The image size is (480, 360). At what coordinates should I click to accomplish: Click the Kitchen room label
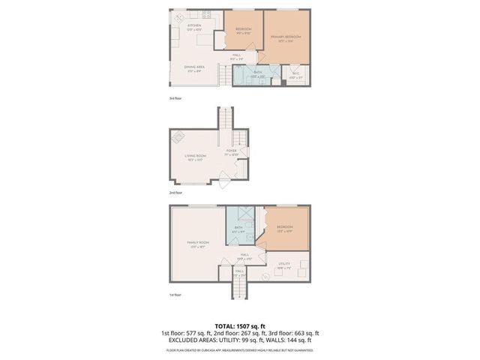pyautogui.click(x=194, y=27)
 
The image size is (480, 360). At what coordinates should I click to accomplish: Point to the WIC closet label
pyautogui.click(x=295, y=76)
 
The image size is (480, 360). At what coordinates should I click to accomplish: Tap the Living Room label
pyautogui.click(x=196, y=157)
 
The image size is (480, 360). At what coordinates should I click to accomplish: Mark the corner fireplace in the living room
pyautogui.click(x=178, y=137)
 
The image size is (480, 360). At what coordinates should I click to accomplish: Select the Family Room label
pyautogui.click(x=198, y=244)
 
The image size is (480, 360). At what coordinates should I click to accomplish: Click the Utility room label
pyautogui.click(x=284, y=264)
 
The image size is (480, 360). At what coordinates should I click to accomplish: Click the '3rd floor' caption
pyautogui.click(x=175, y=97)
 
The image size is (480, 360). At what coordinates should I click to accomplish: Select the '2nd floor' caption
pyautogui.click(x=175, y=193)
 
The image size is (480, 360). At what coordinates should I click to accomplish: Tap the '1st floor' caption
pyautogui.click(x=175, y=295)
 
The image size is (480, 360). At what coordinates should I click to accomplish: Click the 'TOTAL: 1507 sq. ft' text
pyautogui.click(x=239, y=326)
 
